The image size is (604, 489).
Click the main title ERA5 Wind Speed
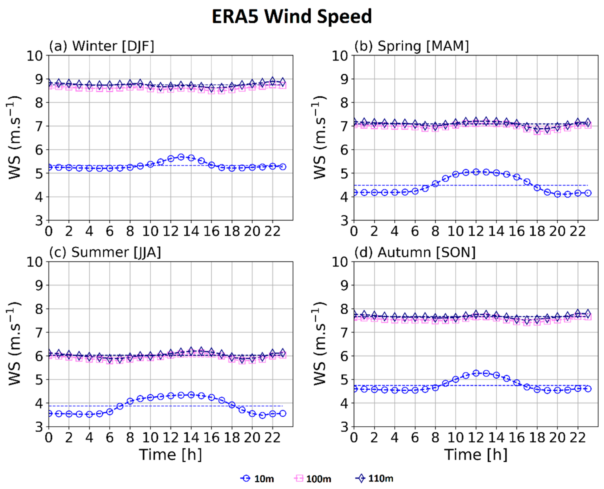tap(292, 16)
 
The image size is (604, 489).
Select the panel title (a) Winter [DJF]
tap(102, 46)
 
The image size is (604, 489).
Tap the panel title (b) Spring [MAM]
tap(411, 46)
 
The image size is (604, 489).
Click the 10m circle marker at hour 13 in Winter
tap(181, 157)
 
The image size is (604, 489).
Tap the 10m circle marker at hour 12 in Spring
tap(476, 172)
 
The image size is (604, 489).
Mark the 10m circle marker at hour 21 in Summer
tap(262, 415)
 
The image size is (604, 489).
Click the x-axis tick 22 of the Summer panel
tap(272, 438)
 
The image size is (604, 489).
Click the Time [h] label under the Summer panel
tap(170, 455)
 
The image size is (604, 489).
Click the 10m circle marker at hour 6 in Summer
tap(110, 412)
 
